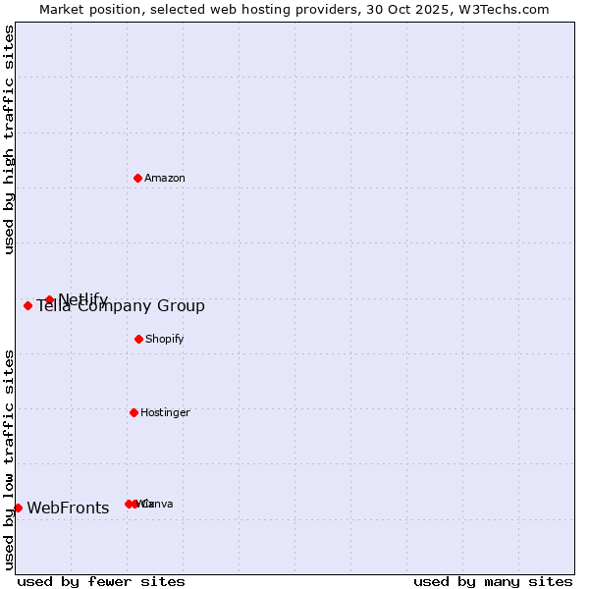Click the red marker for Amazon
(137, 178)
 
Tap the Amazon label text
(165, 179)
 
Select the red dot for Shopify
(138, 339)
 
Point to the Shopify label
(165, 340)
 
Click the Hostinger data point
(134, 412)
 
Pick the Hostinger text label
(165, 413)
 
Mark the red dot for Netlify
(49, 299)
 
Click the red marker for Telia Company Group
(27, 305)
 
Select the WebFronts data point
(18, 508)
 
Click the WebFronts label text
(68, 509)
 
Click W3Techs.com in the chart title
(504, 10)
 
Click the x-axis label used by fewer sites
(101, 582)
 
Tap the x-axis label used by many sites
(493, 582)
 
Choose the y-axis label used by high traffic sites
(10, 139)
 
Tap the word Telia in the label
(54, 306)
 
